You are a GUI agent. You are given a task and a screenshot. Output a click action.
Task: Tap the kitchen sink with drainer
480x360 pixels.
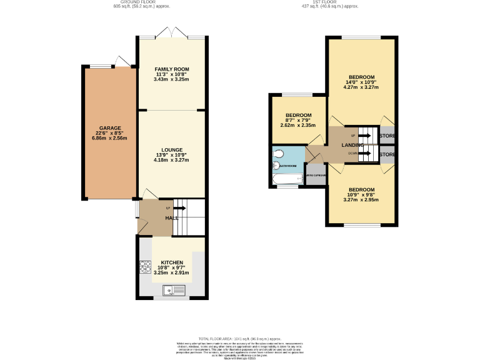[x=171, y=289]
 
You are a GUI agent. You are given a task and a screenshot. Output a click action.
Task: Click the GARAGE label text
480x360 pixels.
[x=109, y=128]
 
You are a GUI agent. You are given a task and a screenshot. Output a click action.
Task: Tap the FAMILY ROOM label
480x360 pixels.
[x=172, y=69]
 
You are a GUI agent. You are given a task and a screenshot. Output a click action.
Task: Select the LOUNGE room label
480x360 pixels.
[x=171, y=150]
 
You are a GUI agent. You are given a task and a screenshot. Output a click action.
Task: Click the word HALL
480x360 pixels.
[x=171, y=218]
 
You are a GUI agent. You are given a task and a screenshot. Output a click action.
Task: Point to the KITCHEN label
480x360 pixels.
[x=172, y=262]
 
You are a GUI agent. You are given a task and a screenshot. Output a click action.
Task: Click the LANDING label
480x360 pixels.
[x=352, y=145]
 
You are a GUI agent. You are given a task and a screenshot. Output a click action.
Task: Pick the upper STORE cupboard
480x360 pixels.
[x=387, y=135]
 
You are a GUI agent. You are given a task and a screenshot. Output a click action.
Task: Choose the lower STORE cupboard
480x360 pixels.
[x=387, y=154]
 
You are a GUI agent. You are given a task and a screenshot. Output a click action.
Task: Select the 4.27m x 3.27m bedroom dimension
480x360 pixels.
[x=361, y=87]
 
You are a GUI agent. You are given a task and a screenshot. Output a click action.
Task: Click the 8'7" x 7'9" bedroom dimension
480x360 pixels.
[x=298, y=121]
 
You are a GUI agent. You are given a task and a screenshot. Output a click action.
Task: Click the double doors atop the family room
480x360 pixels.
[x=172, y=33]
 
